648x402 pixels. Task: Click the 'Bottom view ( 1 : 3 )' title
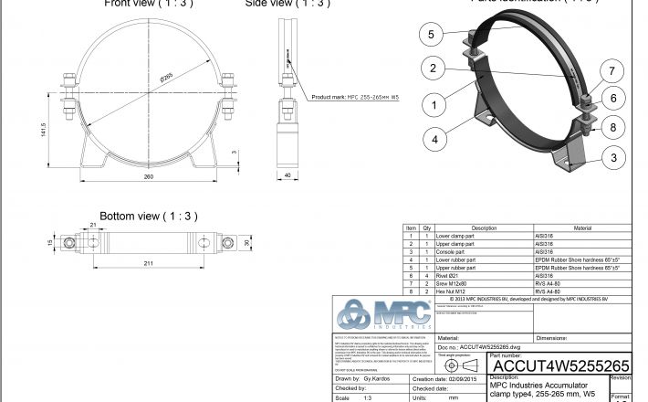click(x=148, y=216)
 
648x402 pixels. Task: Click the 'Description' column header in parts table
click(x=483, y=228)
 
